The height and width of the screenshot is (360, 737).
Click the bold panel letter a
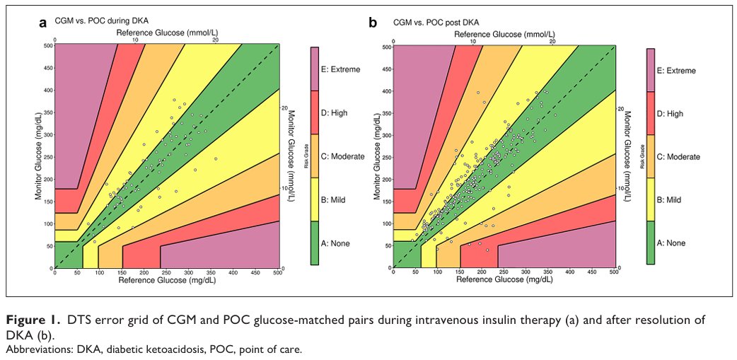(42, 22)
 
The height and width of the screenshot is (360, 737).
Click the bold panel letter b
(373, 22)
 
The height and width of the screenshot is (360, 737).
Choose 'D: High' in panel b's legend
(670, 113)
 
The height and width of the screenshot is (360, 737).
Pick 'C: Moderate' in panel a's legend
(343, 156)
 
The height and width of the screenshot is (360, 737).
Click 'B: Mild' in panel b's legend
(669, 200)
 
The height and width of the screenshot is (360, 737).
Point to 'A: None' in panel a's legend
(335, 243)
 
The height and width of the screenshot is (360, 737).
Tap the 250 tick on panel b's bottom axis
(504, 273)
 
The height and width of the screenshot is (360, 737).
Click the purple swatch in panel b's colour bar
(651, 70)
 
